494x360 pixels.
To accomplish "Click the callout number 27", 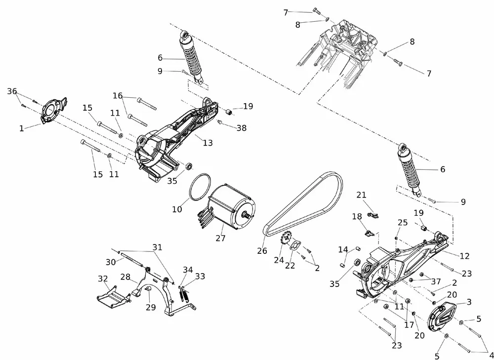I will (x=220, y=238).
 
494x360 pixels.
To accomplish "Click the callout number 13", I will (x=207, y=143).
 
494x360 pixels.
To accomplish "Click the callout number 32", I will (x=103, y=279).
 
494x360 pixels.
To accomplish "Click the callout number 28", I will (x=125, y=277).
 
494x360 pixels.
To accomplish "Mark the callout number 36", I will (x=12, y=91).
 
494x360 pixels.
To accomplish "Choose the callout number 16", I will (x=118, y=95).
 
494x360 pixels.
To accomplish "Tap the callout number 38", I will (x=241, y=127).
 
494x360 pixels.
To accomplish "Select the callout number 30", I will (x=110, y=262).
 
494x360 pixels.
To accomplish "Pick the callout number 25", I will (x=403, y=223).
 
